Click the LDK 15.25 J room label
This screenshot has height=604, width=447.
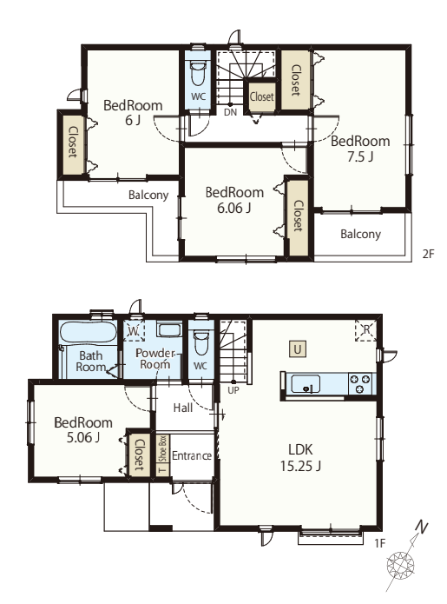pyautogui.click(x=300, y=458)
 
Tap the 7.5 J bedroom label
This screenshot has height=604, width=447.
pyautogui.click(x=360, y=149)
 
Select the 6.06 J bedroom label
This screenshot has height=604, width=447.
pyautogui.click(x=234, y=200)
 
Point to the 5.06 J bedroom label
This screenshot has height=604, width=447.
pyautogui.click(x=83, y=430)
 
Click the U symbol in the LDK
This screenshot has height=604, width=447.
pyautogui.click(x=298, y=349)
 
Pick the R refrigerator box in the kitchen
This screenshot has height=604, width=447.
pyautogui.click(x=365, y=330)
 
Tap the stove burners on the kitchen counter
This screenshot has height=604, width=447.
pyautogui.click(x=359, y=383)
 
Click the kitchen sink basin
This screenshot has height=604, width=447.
pyautogui.click(x=306, y=383)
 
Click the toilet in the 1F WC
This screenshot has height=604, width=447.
pyautogui.click(x=200, y=342)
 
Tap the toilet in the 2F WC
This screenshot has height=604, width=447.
pyautogui.click(x=198, y=75)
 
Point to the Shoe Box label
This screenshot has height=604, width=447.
pyautogui.click(x=162, y=448)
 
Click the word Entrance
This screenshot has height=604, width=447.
pyautogui.click(x=192, y=455)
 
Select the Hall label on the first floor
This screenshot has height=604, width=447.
pyautogui.click(x=183, y=408)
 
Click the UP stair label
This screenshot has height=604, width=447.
pyautogui.click(x=233, y=390)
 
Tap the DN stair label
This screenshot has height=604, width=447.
pyautogui.click(x=230, y=112)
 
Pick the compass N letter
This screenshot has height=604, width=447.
pyautogui.click(x=422, y=527)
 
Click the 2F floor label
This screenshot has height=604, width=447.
pyautogui.click(x=428, y=254)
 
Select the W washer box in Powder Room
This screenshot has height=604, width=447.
pyautogui.click(x=134, y=330)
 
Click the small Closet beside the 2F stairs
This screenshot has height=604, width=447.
pyautogui.click(x=261, y=96)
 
